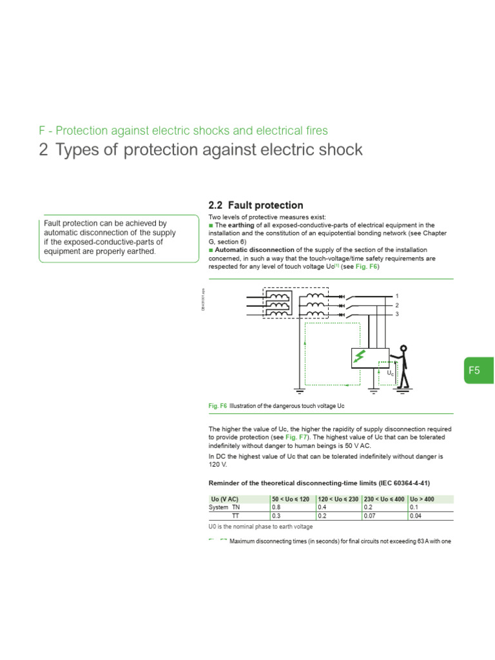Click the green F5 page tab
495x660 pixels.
475,370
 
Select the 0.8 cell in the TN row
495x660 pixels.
277,507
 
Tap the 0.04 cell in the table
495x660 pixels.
415,516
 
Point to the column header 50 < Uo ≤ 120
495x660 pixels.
291,499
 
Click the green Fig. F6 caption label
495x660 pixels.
218,406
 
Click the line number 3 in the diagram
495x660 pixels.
397,314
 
